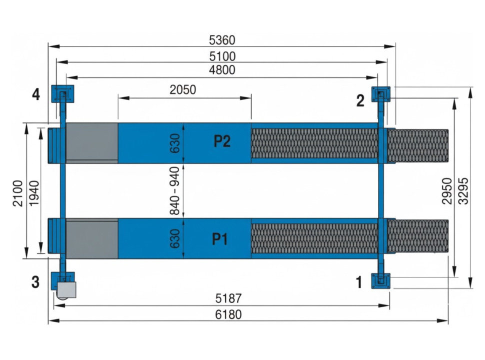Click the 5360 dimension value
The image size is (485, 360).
click(222, 40)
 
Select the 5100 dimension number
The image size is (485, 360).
click(222, 56)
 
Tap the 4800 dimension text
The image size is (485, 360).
click(222, 70)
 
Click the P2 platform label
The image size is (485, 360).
click(222, 142)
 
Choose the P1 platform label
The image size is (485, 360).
click(220, 239)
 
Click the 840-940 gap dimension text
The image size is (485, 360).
click(175, 191)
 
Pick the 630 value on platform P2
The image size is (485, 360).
click(175, 143)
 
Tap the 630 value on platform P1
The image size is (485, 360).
click(175, 239)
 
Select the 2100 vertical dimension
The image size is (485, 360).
click(18, 193)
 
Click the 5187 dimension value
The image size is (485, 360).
click(228, 299)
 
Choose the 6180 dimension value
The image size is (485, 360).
click(228, 314)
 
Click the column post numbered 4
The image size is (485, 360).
click(62, 93)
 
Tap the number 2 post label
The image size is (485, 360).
click(360, 101)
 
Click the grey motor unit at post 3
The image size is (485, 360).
click(66, 289)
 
